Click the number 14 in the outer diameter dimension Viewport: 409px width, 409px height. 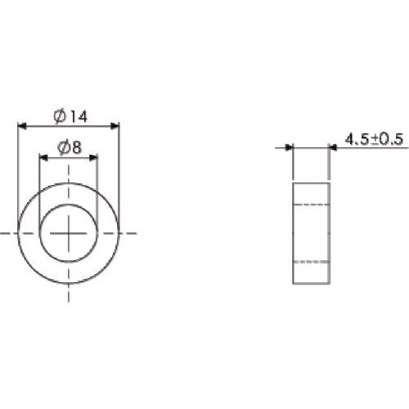click(x=77, y=117)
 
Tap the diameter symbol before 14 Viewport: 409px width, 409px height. click(x=60, y=117)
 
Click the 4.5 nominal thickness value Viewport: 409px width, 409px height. click(x=357, y=140)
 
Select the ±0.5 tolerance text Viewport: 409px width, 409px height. click(x=388, y=140)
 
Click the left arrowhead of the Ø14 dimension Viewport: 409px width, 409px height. click(x=21, y=126)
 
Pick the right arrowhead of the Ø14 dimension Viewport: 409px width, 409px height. click(x=115, y=126)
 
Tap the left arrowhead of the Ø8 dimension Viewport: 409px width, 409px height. click(x=43, y=156)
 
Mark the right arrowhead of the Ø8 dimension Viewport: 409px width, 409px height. click(x=93, y=156)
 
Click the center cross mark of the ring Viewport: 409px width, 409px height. click(x=69, y=233)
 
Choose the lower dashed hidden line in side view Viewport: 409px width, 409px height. click(x=312, y=262)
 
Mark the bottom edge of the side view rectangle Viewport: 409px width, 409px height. click(x=312, y=284)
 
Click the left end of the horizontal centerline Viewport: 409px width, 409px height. click(x=2, y=233)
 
